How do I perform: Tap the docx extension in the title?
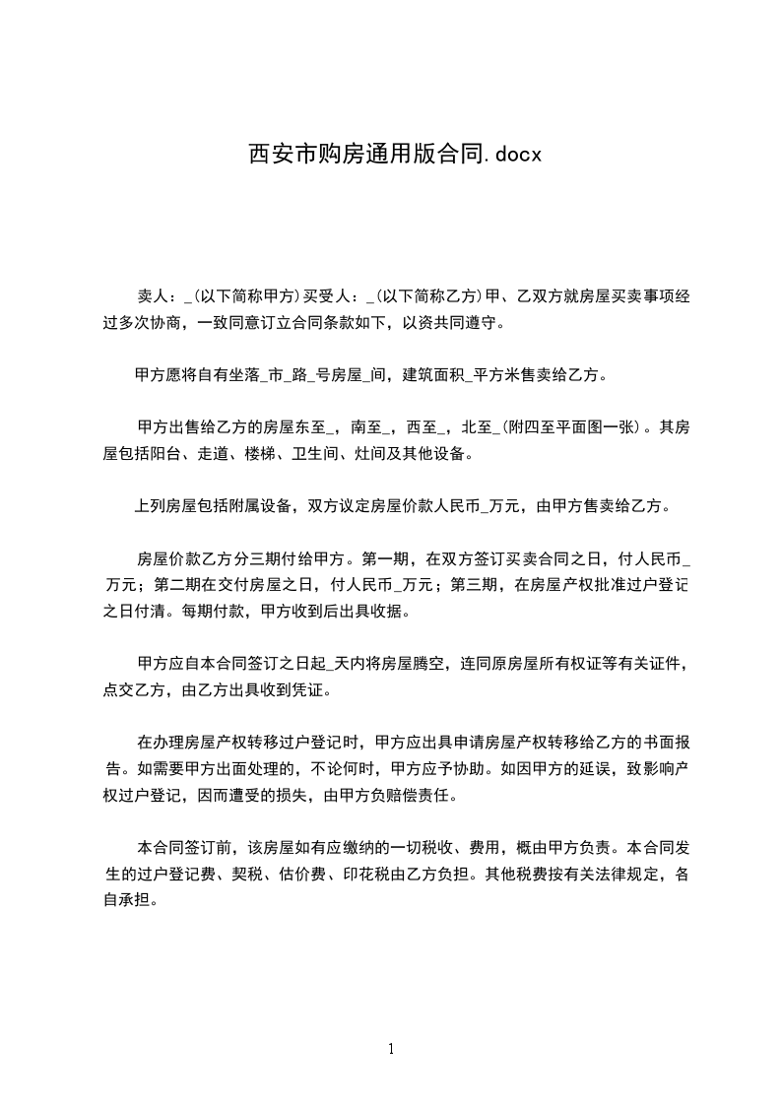[516, 155]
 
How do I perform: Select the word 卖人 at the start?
[153, 296]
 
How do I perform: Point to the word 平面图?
[587, 428]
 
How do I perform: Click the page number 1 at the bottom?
[391, 1049]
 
